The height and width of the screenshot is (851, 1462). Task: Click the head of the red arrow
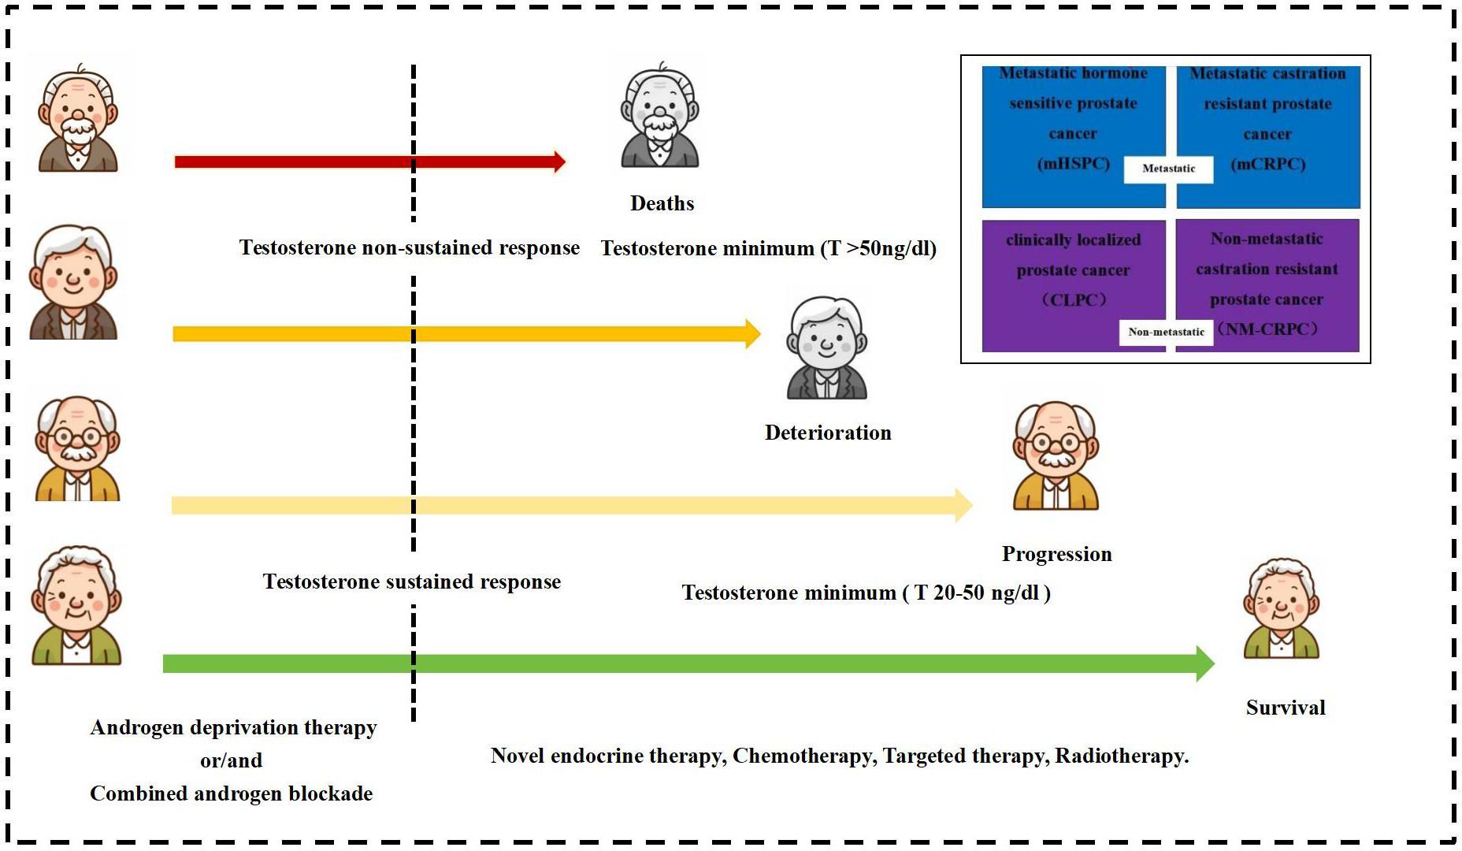(559, 162)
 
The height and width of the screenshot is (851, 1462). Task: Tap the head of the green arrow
(1204, 663)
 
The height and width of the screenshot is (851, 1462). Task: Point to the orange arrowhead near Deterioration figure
(752, 333)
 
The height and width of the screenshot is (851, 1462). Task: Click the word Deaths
(662, 203)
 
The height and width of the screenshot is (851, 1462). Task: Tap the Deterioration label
(828, 433)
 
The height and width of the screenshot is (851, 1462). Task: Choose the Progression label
(1056, 554)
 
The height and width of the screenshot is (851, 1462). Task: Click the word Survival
(1286, 708)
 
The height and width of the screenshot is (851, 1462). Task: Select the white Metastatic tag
(1168, 169)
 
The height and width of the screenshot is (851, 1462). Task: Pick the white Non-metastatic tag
(1166, 332)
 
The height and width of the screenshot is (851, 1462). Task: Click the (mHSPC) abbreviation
(1073, 164)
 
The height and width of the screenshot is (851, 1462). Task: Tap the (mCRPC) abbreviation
(1267, 165)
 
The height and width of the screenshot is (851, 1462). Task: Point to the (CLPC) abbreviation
(1074, 300)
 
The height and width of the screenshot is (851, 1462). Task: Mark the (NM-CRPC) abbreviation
(1267, 329)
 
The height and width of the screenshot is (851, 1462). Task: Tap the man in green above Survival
(1281, 609)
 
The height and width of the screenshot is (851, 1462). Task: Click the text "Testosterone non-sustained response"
(409, 247)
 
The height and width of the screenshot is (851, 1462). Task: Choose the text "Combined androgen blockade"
(232, 793)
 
